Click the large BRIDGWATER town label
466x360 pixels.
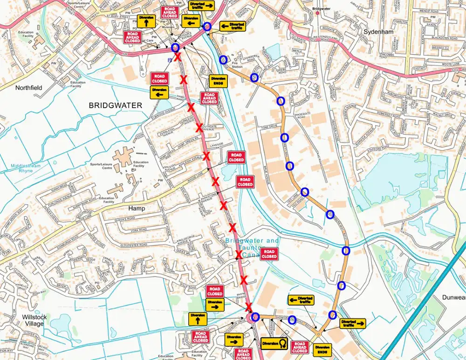coord(115,106)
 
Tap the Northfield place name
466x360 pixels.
coord(29,87)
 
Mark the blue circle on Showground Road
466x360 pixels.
coord(292,319)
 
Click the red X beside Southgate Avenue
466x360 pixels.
coord(199,127)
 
